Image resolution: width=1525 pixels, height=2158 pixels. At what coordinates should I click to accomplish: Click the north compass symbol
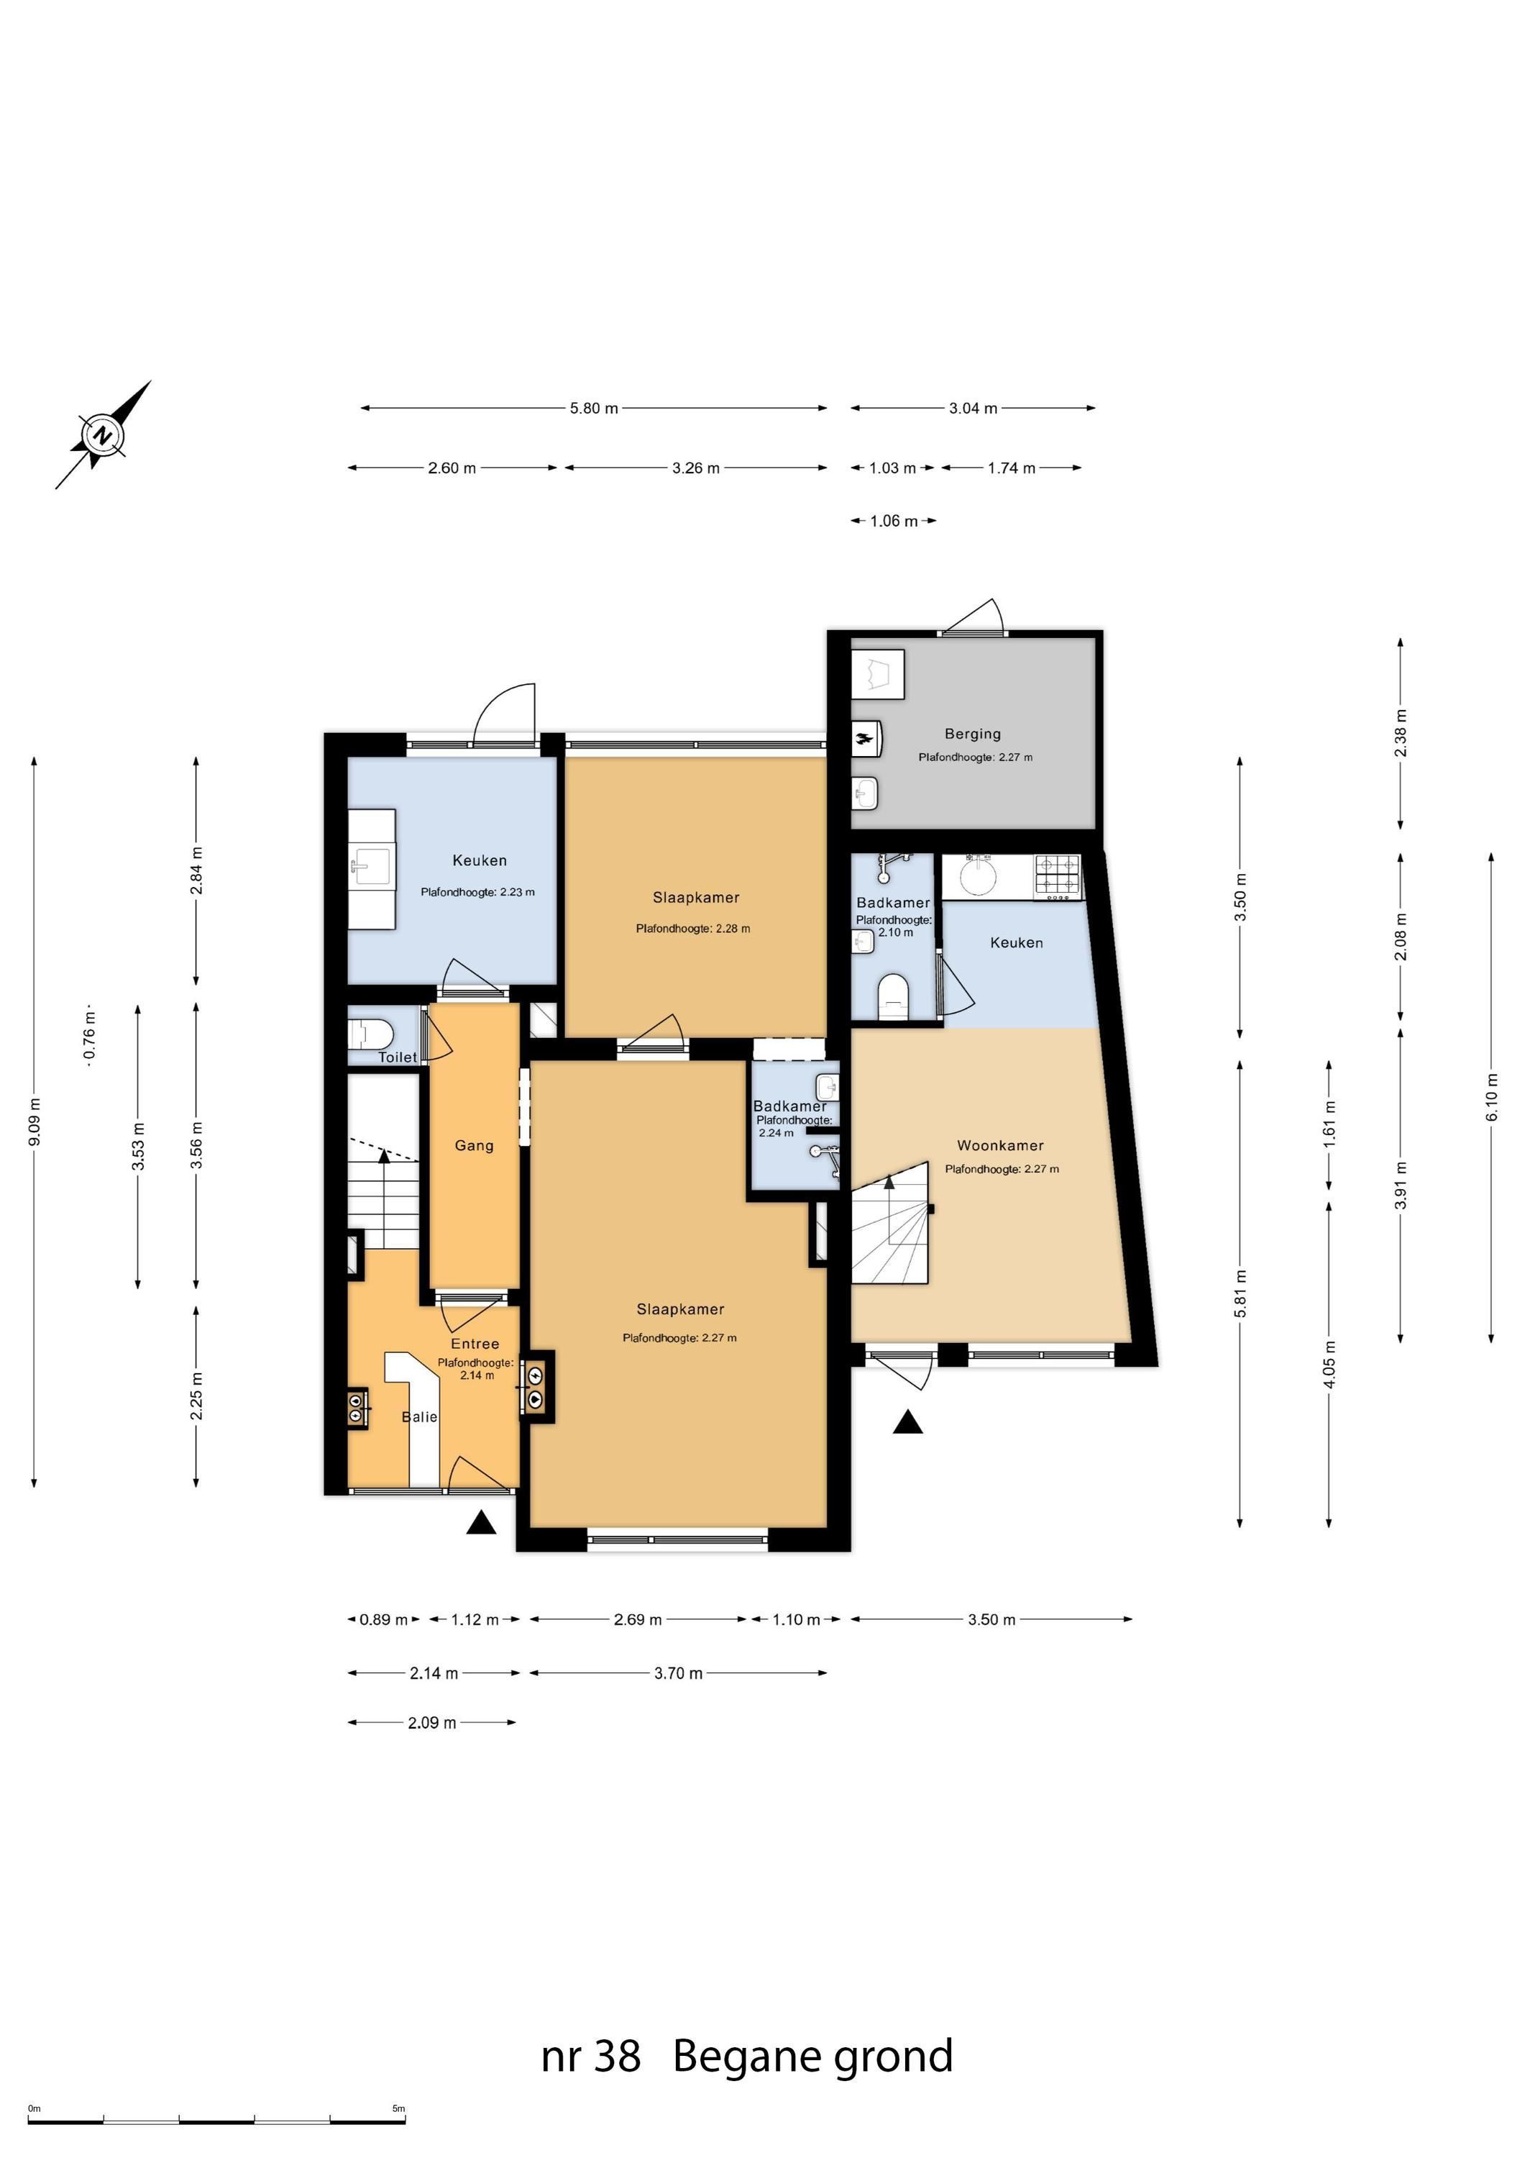pos(102,435)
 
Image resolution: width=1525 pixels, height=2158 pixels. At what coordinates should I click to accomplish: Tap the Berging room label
pos(973,734)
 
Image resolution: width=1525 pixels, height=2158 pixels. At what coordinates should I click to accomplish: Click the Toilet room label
pos(398,1057)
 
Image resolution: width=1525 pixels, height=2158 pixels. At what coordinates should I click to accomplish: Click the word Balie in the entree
pos(419,1416)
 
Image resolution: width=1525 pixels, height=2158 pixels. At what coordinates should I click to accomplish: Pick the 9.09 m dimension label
pos(34,1121)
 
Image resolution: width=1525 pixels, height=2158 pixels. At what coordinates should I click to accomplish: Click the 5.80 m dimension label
pos(594,408)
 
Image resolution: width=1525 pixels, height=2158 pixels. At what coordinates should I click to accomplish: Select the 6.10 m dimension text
pos(1491,1091)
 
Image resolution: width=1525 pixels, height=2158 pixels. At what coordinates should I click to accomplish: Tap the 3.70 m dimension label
pos(679,1673)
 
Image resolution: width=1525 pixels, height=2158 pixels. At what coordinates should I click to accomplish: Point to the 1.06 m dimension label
pos(894,521)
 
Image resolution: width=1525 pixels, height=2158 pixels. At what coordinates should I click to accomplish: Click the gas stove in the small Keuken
pos(1059,875)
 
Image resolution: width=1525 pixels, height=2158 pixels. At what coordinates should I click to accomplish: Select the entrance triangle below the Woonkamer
pos(907,1422)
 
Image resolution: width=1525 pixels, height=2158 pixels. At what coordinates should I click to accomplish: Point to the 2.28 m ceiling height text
pos(692,929)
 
